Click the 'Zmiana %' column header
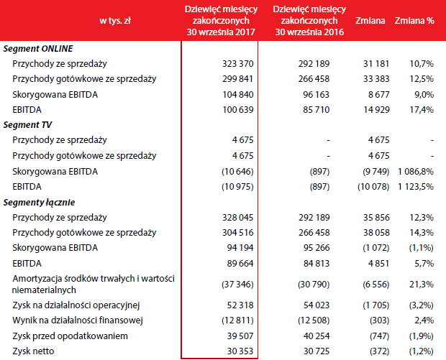[414, 20]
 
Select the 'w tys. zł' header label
[115, 21]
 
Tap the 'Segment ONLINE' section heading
[38, 49]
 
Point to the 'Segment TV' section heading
[27, 125]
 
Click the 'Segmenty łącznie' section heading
[40, 203]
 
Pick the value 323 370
[238, 64]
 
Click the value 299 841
[238, 79]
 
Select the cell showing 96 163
[316, 94]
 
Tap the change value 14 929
[376, 110]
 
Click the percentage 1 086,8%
[416, 171]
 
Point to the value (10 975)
[237, 187]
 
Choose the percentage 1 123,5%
[416, 187]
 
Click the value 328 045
[238, 217]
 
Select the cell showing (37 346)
[237, 284]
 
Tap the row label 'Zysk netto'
[33, 351]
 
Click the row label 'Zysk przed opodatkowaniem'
[70, 336]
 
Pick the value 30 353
[240, 351]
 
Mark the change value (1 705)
[376, 305]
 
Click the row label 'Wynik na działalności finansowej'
[78, 320]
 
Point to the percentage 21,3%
[422, 284]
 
